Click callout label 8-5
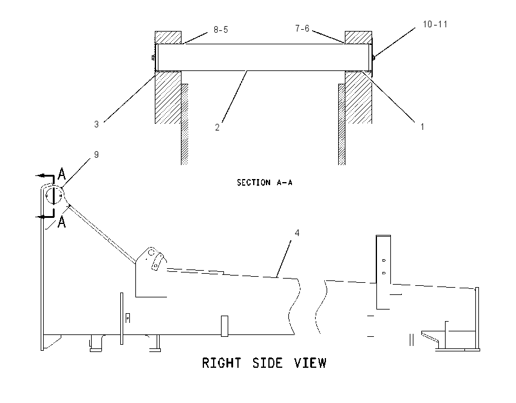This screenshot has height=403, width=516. point(220,30)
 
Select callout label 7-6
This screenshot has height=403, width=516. point(302,29)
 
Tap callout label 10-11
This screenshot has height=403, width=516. point(435,24)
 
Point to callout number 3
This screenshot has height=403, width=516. point(97,124)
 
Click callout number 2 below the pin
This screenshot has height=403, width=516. point(217,127)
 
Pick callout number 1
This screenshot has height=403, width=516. point(423,127)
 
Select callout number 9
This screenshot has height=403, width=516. point(97,155)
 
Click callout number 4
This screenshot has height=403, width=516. point(297,233)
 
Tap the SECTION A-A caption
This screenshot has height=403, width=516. point(265,183)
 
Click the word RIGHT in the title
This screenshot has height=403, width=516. point(221,363)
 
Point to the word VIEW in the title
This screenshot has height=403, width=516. point(310,363)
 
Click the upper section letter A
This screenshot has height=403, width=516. point(61,174)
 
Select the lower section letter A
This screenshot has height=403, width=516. point(61,222)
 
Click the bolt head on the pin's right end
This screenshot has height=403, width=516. point(373,58)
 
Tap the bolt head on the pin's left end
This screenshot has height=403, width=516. point(153,58)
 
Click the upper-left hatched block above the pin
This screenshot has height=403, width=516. point(168,38)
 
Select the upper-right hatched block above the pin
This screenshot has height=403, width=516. point(358,38)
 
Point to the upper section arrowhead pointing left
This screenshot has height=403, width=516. point(40,176)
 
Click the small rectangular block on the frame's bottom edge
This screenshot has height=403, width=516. point(225,326)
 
